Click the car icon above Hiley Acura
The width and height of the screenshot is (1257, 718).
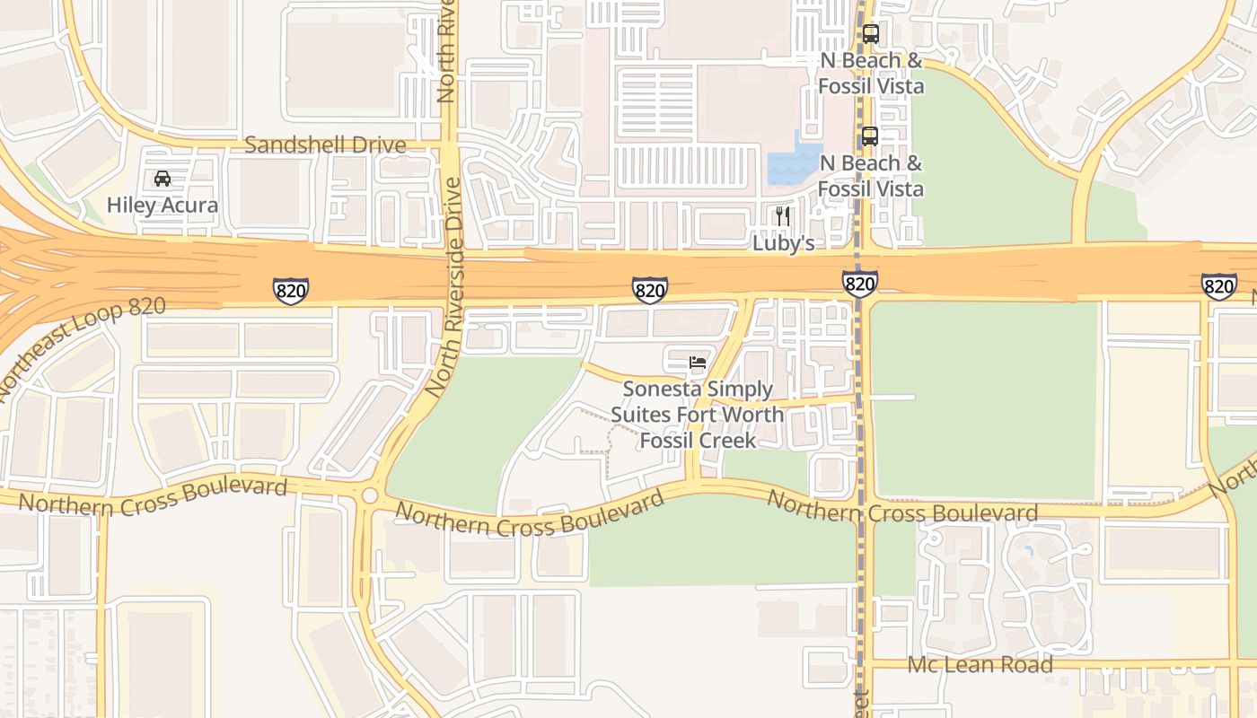click(x=163, y=178)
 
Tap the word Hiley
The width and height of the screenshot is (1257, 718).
click(x=132, y=206)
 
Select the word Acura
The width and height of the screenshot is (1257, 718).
click(x=189, y=206)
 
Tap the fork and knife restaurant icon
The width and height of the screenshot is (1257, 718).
click(x=783, y=215)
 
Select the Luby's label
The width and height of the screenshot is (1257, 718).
click(x=783, y=243)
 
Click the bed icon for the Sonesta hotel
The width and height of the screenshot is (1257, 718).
click(x=698, y=363)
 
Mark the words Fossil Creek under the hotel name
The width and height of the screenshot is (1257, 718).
click(x=698, y=441)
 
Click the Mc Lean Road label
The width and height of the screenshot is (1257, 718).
click(x=980, y=665)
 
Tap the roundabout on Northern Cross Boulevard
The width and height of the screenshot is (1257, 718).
click(x=369, y=495)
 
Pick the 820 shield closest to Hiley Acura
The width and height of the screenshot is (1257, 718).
click(x=291, y=290)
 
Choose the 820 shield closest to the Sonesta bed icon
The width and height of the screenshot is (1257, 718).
click(x=649, y=289)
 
